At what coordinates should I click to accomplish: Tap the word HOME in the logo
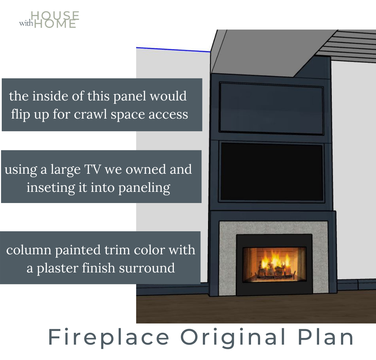click(x=55, y=24)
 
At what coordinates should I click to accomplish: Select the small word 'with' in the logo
click(x=26, y=23)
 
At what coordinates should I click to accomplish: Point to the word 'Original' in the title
click(x=233, y=337)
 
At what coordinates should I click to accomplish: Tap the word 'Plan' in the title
click(x=326, y=337)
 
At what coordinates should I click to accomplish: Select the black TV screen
click(x=272, y=172)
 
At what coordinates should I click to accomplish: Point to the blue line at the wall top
click(x=173, y=50)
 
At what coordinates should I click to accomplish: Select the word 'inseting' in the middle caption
click(x=51, y=188)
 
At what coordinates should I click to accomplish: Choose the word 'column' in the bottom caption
click(x=29, y=250)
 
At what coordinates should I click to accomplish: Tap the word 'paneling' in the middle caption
click(x=144, y=188)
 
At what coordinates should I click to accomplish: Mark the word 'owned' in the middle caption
click(x=146, y=170)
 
